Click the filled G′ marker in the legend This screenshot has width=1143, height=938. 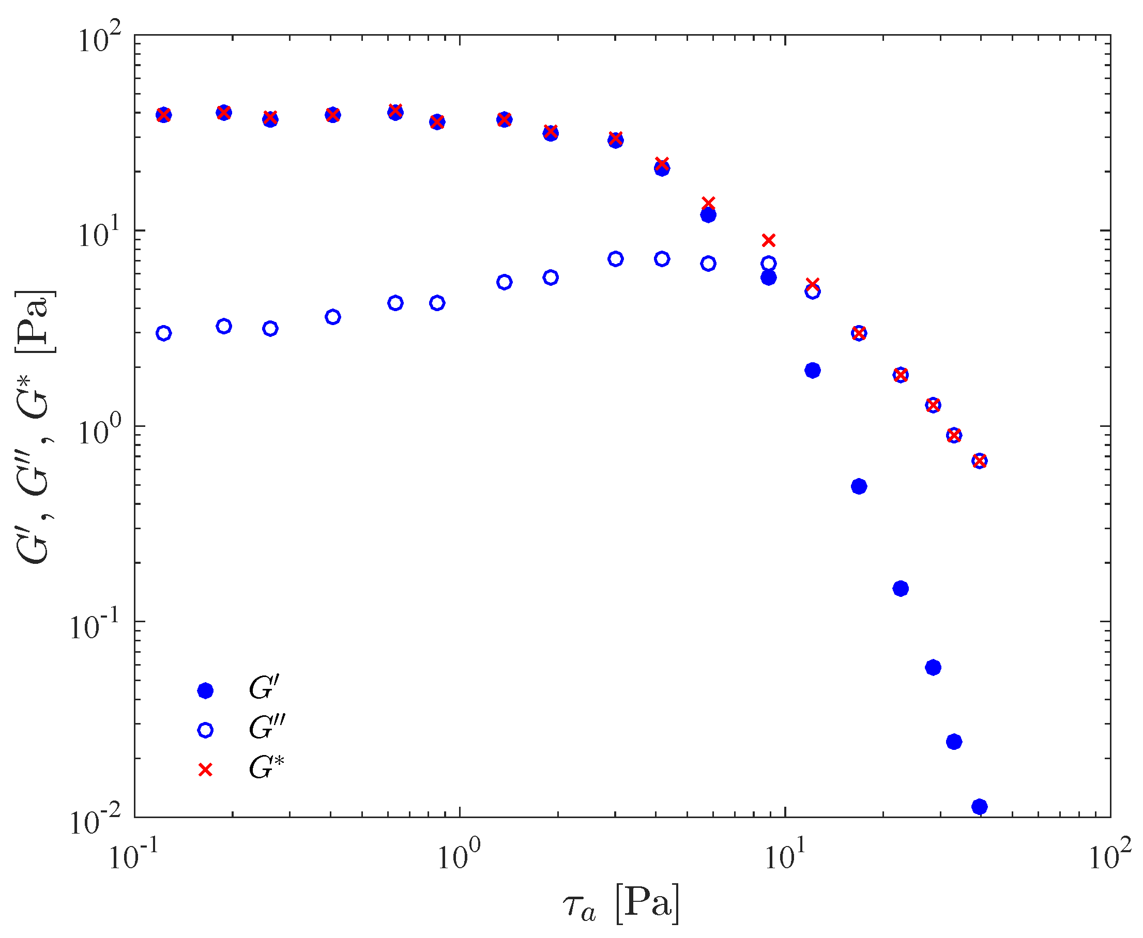(x=205, y=690)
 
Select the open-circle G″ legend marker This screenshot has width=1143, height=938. (x=205, y=730)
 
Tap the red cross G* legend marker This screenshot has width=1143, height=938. (x=205, y=770)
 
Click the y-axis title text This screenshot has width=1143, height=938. (x=34, y=427)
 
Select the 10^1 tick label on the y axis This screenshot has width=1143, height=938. (x=99, y=235)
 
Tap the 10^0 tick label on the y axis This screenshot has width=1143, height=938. (x=99, y=431)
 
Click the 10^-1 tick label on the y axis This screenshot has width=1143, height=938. (x=95, y=627)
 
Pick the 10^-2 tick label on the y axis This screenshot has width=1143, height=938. (x=95, y=822)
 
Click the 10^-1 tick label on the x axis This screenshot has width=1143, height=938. (x=131, y=856)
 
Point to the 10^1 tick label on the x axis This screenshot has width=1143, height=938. (x=785, y=856)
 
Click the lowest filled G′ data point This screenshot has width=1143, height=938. (x=979, y=807)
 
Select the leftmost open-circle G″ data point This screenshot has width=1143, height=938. (x=164, y=333)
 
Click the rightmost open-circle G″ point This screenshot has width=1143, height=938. (x=979, y=461)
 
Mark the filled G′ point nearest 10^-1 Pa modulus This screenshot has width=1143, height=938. (x=901, y=589)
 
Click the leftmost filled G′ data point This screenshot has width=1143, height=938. (x=164, y=115)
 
